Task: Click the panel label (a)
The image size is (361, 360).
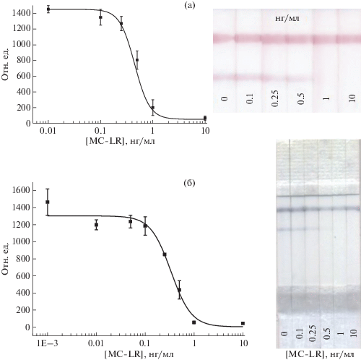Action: click(189, 6)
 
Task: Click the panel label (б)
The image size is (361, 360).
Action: click(189, 184)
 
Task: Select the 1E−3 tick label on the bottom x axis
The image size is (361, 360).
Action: click(48, 343)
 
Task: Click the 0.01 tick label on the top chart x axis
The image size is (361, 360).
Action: click(48, 131)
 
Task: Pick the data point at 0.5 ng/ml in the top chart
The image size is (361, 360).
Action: click(137, 60)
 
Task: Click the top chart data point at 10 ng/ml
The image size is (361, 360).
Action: click(205, 118)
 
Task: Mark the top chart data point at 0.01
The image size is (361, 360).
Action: click(48, 9)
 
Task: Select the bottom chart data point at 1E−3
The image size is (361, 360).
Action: click(48, 202)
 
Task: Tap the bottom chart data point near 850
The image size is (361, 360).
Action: click(165, 254)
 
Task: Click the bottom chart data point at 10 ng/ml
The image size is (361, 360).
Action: click(243, 323)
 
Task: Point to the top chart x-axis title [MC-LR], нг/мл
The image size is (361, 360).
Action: click(120, 141)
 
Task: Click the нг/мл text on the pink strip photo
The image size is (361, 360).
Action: click(287, 19)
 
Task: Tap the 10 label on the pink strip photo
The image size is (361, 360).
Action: click(352, 98)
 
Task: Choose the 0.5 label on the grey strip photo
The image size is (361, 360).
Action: click(326, 333)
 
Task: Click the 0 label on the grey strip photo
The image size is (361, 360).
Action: click(284, 333)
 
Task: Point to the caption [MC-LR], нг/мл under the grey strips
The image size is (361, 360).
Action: click(320, 354)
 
